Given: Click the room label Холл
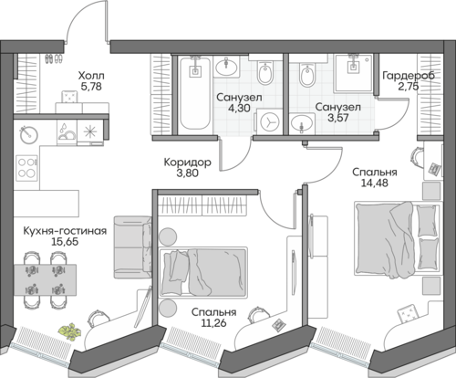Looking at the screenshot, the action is tap(91, 75).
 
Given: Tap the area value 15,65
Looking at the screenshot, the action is tap(65, 242).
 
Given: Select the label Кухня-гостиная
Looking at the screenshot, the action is tap(65, 231).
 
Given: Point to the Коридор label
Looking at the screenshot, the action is tap(187, 163).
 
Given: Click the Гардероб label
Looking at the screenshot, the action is tap(409, 76).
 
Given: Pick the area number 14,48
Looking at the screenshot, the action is tap(375, 183).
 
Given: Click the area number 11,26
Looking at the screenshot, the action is tap(213, 322).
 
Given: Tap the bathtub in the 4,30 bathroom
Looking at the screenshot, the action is tap(195, 94).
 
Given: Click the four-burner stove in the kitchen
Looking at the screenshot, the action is tap(26, 168).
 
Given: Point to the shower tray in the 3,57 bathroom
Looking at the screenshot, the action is tap(353, 73).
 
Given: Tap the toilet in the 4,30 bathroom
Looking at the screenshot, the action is tap(265, 72).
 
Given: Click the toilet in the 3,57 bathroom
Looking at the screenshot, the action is tap(307, 74).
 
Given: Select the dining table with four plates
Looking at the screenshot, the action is tap(45, 279).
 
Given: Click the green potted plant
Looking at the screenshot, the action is tap(69, 331).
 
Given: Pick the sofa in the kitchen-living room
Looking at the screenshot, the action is tap(132, 247).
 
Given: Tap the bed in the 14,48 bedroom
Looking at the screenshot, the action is tap(398, 240).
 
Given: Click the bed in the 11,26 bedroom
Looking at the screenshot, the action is tap(203, 272).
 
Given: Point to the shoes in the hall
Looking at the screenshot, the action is tap(54, 58).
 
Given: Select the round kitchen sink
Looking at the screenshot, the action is tap(29, 134).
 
